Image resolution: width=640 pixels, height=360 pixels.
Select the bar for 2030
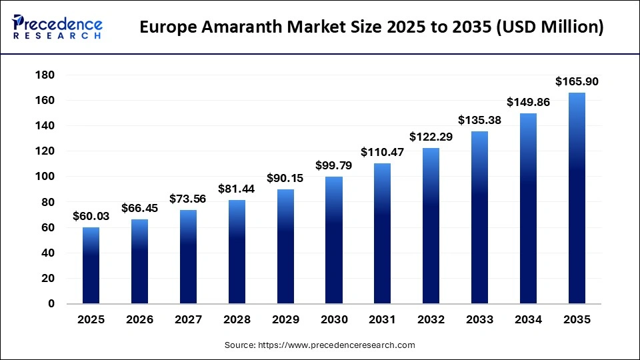point(334,240)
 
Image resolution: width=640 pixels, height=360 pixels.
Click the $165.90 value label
point(577,82)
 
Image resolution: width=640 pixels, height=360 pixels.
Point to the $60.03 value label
point(91,217)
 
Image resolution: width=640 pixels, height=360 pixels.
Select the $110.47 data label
point(383,153)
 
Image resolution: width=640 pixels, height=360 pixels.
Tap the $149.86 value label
point(528,102)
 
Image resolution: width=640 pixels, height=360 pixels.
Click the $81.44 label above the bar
point(237,189)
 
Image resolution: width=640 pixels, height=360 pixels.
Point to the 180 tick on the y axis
point(45,75)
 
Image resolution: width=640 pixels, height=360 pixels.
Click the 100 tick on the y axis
point(45,177)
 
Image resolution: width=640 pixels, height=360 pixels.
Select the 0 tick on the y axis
point(51,304)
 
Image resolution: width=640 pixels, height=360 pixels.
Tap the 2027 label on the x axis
point(188,320)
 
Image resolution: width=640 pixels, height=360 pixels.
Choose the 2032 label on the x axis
point(431,320)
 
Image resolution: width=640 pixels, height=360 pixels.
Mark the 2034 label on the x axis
point(528,320)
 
